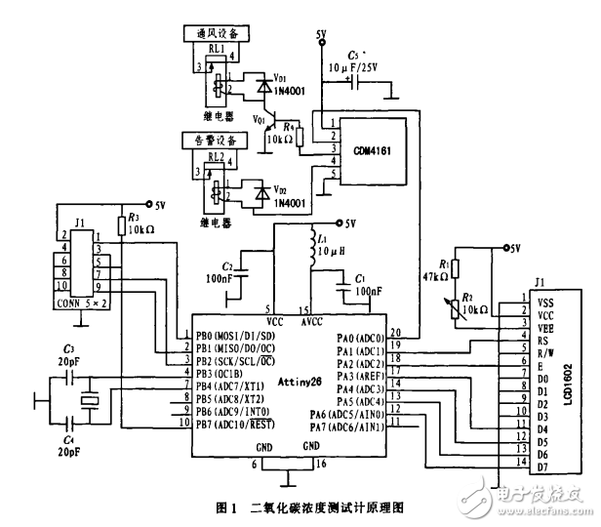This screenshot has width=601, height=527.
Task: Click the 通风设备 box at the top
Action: [210, 34]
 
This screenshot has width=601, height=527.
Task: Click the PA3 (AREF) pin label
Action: [360, 375]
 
